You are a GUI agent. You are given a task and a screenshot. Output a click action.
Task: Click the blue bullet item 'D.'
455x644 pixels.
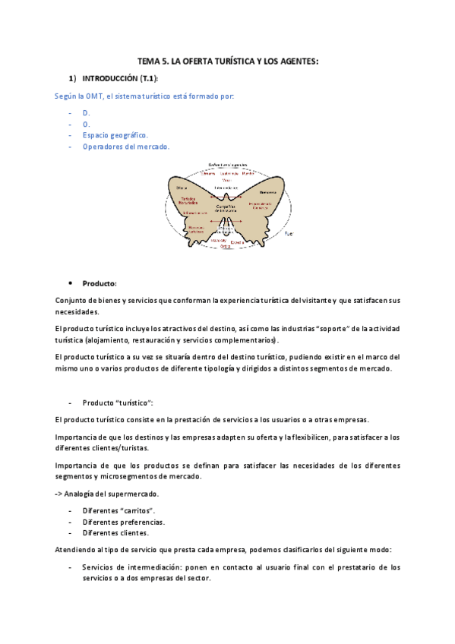point(86,112)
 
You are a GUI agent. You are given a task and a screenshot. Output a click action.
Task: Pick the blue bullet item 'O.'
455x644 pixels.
point(86,124)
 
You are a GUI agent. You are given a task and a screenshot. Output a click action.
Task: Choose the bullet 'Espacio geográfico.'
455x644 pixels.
point(115,135)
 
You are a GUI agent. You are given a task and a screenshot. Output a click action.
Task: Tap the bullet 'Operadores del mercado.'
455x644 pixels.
point(126,147)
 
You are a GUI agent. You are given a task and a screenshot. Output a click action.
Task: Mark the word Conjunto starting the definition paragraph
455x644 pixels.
point(72,301)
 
